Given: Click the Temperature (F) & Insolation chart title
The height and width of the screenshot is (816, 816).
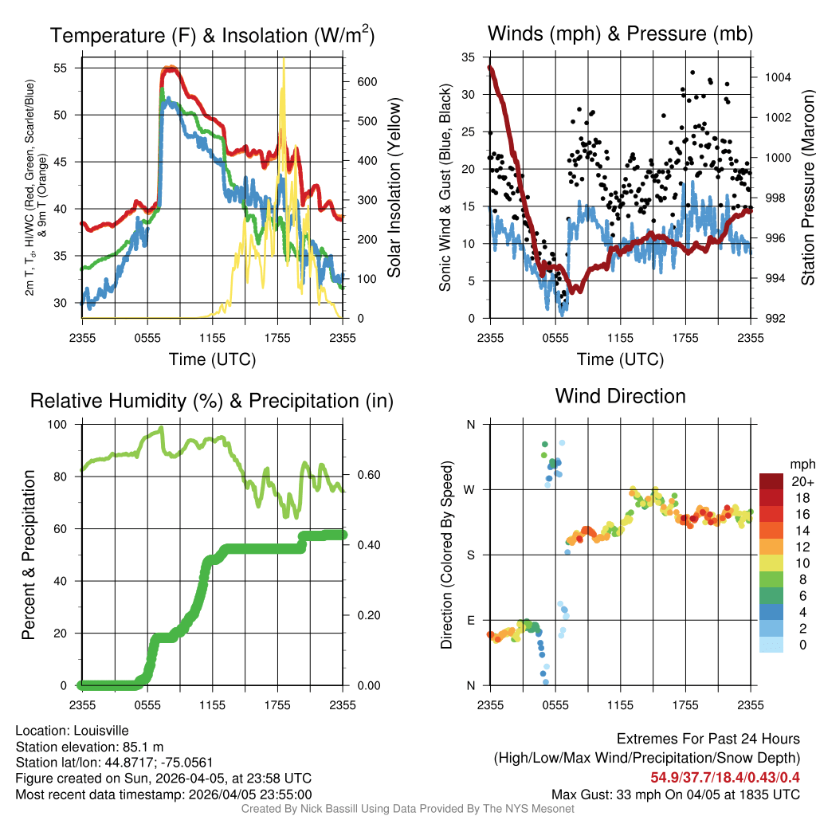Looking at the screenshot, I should pos(211,36).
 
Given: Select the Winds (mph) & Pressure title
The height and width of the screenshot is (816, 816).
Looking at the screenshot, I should pos(620,33).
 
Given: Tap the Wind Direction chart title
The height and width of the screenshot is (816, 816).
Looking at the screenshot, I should pos(620,396).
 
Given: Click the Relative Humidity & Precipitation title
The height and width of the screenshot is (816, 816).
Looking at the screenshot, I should pos(211,401).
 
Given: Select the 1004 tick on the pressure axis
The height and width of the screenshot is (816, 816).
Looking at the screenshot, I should pos(776,78).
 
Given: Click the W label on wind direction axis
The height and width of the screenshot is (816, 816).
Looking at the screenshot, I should pos(469,489).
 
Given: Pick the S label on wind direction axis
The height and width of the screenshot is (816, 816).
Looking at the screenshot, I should pos(470,555).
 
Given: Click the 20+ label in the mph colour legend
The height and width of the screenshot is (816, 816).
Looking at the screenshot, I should pos(800,481).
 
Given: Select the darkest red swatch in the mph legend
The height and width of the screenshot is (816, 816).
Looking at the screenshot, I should pos(771,481).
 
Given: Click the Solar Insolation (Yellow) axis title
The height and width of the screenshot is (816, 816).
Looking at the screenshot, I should pos(394,188).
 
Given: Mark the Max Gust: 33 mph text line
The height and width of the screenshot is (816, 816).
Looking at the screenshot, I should pos(675,794).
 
